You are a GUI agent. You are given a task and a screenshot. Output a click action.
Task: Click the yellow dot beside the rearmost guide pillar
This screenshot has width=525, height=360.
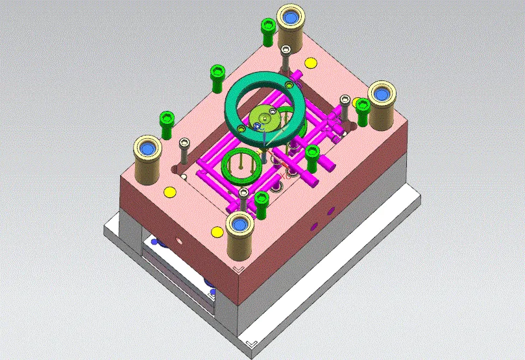click(x=310, y=63)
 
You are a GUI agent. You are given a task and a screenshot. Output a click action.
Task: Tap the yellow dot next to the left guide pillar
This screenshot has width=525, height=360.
click(x=170, y=192)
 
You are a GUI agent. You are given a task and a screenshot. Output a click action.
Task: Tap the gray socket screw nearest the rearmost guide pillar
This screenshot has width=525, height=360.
click(x=285, y=52)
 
